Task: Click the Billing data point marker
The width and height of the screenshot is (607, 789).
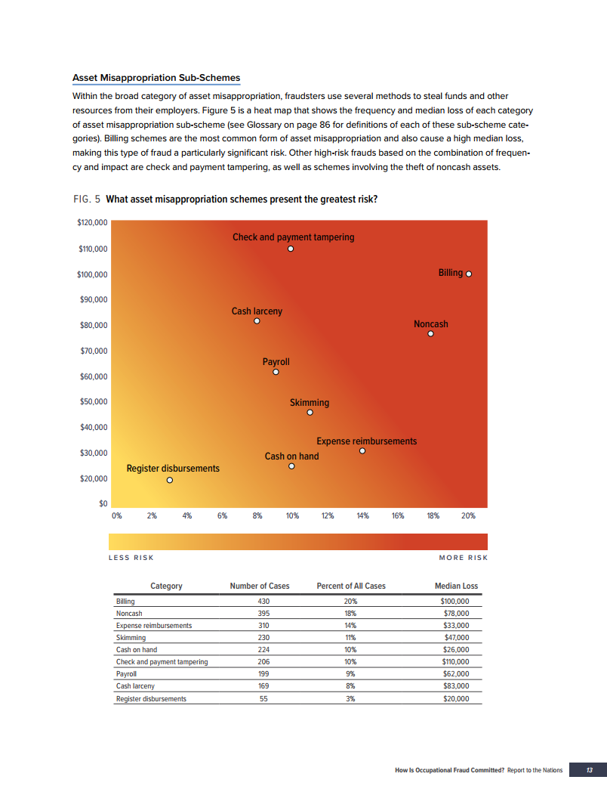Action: pos(469,274)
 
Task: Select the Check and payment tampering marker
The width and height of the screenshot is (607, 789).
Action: pos(291,249)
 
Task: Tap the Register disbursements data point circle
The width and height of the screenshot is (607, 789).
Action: pos(170,480)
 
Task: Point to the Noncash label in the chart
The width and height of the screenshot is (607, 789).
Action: pos(430,324)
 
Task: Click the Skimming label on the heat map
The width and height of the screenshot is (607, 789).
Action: pos(310,403)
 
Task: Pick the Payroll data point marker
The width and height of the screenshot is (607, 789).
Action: pos(276,372)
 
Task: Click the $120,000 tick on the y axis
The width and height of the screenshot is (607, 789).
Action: pos(93,223)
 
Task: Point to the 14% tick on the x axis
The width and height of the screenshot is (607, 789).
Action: pos(362,516)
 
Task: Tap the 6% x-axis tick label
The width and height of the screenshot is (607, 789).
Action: pos(222,516)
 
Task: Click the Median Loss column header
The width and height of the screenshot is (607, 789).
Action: pos(456,586)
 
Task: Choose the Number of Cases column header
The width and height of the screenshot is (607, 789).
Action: pos(259,586)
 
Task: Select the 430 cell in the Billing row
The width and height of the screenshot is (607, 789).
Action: pos(264,602)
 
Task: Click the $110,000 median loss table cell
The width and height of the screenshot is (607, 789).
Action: pos(455,662)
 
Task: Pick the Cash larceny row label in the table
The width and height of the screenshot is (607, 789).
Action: pos(134,686)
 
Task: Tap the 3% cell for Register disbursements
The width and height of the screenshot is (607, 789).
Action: pos(350,698)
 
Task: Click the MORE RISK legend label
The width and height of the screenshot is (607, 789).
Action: pos(463,558)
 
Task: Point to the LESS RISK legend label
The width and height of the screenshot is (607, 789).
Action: pos(131,558)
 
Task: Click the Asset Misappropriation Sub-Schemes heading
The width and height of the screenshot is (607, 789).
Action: pos(156,78)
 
